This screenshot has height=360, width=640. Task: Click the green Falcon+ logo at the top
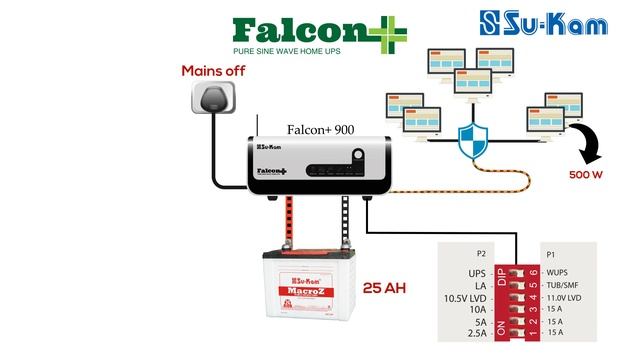click(311, 29)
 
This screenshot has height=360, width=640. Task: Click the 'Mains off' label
click(213, 72)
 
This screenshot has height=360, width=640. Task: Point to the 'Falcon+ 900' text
click(320, 130)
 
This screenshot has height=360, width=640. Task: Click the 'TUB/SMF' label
click(564, 285)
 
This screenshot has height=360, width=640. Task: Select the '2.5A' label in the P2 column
click(475, 335)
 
